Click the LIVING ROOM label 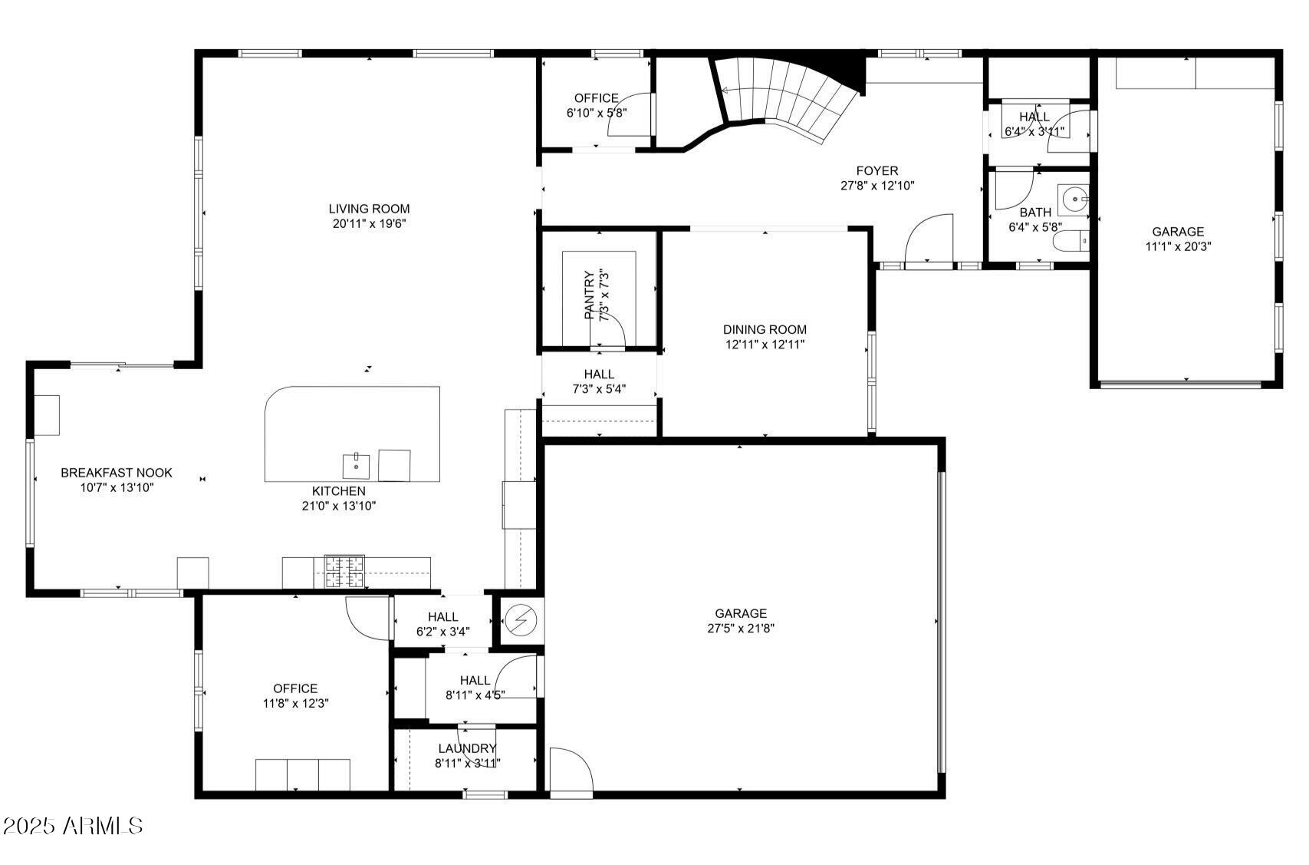[x=369, y=209]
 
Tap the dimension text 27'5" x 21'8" [x=741, y=629]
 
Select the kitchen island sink [x=356, y=465]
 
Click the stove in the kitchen [x=344, y=572]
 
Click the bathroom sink [x=1074, y=200]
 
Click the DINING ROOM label [x=765, y=330]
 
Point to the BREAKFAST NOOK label [x=117, y=473]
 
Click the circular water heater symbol [x=521, y=620]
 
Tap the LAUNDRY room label [x=468, y=748]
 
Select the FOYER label [x=877, y=171]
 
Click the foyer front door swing [x=930, y=239]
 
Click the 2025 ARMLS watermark [x=72, y=826]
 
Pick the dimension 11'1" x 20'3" [x=1178, y=247]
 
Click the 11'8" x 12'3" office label [x=295, y=703]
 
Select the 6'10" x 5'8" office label [x=597, y=113]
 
